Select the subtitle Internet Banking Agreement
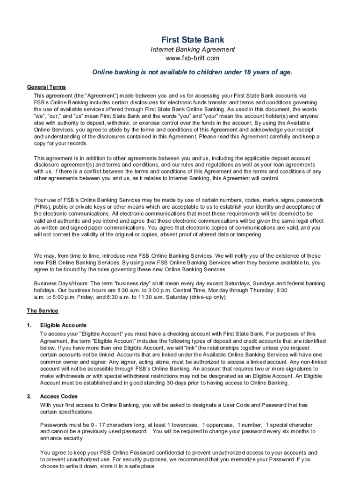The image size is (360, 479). pos(192,50)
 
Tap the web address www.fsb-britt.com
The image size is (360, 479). pos(192,58)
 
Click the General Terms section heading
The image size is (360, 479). pos(46,87)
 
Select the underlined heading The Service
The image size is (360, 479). pos(42,311)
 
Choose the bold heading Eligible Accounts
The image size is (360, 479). pos(63,325)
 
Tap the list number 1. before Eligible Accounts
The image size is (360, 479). pos(29,325)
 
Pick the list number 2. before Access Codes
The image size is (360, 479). pos(29,396)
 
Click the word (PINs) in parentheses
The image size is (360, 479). pos(43,207)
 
